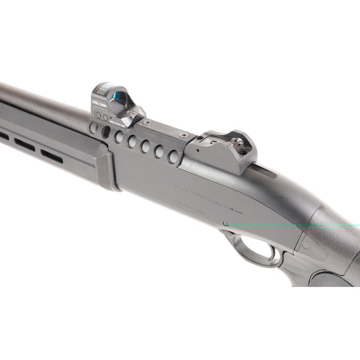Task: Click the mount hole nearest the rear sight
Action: pos(174,157)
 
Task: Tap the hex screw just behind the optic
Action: pos(145,123)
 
